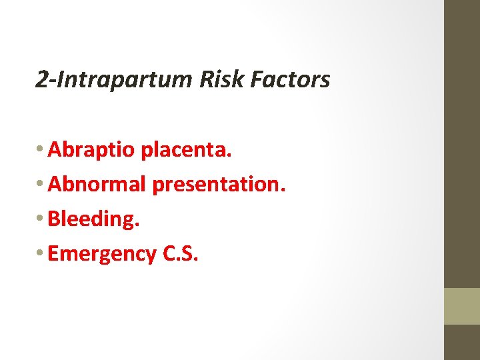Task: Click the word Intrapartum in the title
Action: coord(118,80)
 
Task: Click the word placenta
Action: coord(186,151)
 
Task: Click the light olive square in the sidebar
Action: coord(462,306)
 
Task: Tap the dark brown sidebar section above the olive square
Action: coord(462,143)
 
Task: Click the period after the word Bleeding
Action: coord(137,225)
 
